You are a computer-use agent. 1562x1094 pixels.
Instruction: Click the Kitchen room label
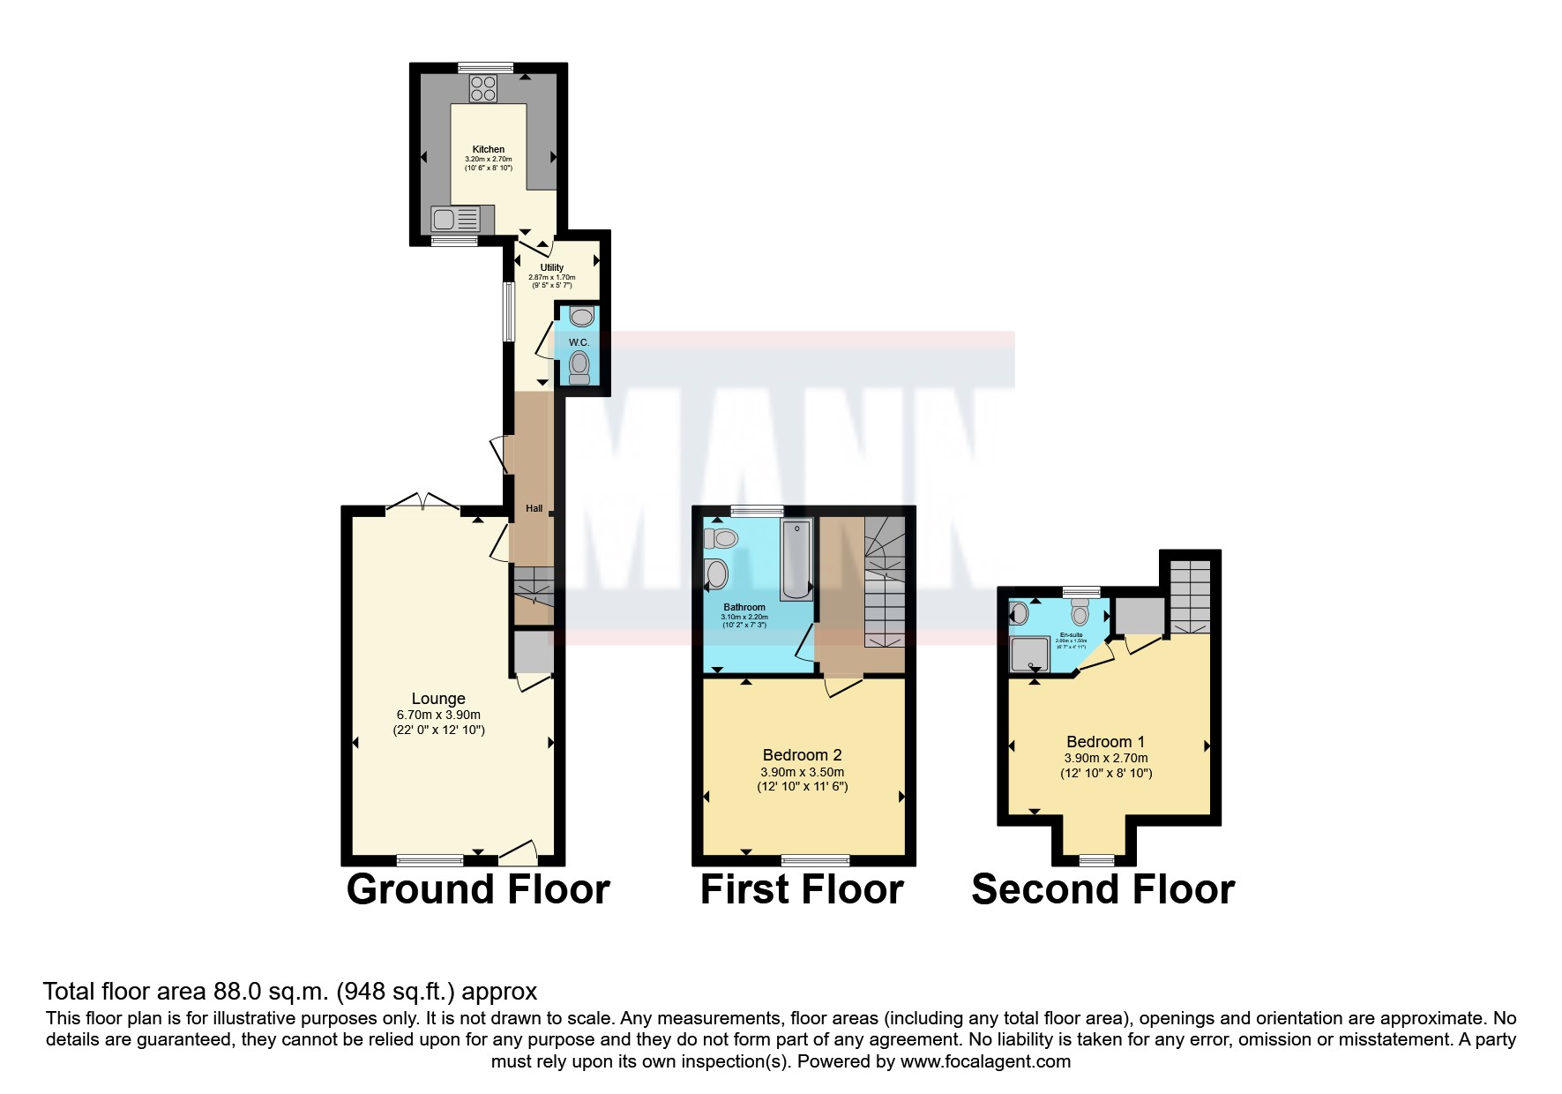click(489, 149)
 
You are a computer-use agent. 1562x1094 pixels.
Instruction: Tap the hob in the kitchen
click(483, 87)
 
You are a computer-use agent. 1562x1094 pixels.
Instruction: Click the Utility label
click(552, 267)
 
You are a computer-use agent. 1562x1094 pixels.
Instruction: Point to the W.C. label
click(579, 342)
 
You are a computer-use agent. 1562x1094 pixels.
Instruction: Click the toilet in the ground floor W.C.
click(579, 365)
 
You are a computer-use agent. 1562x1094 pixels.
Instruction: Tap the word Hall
click(534, 509)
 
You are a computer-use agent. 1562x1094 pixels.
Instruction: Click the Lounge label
click(438, 699)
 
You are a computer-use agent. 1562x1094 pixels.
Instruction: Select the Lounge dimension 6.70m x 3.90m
click(438, 715)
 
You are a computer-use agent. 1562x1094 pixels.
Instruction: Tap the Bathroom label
click(744, 607)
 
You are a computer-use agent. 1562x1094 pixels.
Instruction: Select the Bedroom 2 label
click(802, 755)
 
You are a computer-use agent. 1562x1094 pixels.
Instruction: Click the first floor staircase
click(884, 582)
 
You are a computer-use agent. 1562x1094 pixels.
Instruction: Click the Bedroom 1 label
click(1105, 742)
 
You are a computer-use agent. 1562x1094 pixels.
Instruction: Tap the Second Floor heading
click(1102, 889)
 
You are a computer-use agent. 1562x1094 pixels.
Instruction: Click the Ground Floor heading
click(478, 889)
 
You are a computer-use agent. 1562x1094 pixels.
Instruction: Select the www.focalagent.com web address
click(985, 1061)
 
